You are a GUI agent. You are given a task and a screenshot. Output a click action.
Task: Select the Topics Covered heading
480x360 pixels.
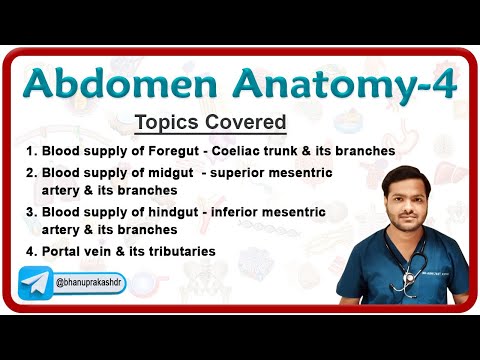(210, 123)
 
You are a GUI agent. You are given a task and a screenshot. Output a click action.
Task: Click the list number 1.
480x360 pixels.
(30, 151)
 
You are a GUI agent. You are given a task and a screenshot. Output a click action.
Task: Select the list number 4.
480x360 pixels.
(30, 251)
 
